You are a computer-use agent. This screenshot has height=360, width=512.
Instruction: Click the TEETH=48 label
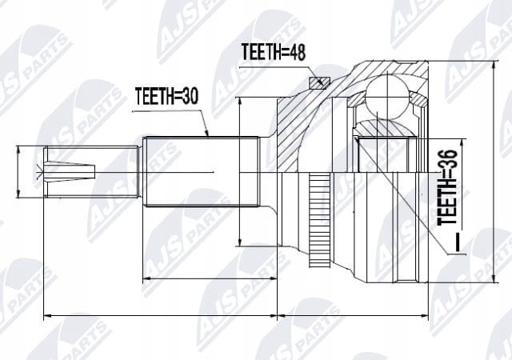(274, 52)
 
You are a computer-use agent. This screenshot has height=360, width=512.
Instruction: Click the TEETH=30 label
(166, 96)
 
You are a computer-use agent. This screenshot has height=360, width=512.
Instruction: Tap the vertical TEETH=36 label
(447, 187)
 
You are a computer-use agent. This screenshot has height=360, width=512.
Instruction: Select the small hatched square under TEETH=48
(320, 82)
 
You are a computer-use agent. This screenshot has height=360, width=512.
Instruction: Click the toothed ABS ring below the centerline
(319, 221)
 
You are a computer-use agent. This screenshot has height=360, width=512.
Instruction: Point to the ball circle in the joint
(387, 97)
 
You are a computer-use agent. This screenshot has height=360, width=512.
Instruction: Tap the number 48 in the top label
(296, 52)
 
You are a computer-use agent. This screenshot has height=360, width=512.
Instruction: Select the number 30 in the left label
(189, 96)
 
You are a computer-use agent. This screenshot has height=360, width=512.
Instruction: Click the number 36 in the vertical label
(447, 159)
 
